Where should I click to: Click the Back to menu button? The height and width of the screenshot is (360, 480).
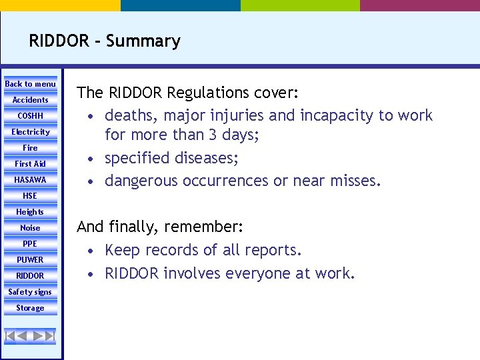click(31, 84)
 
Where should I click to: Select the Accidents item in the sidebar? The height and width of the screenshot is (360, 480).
click(31, 100)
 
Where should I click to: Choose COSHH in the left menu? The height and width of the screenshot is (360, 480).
click(31, 116)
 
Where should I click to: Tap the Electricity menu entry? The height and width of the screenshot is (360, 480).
click(31, 132)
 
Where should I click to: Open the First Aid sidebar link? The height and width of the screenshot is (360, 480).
click(31, 164)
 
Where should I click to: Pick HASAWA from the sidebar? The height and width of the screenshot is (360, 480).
click(31, 180)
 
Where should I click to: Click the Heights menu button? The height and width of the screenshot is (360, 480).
click(31, 212)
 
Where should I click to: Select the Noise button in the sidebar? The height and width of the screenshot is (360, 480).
click(31, 228)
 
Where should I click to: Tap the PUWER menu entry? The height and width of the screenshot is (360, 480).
click(31, 260)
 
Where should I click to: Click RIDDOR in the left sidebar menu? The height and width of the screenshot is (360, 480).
click(31, 276)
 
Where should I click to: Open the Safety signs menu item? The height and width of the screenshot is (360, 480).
click(31, 292)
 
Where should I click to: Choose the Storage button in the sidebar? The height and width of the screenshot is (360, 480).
click(31, 308)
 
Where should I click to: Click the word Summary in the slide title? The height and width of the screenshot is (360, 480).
click(143, 41)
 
